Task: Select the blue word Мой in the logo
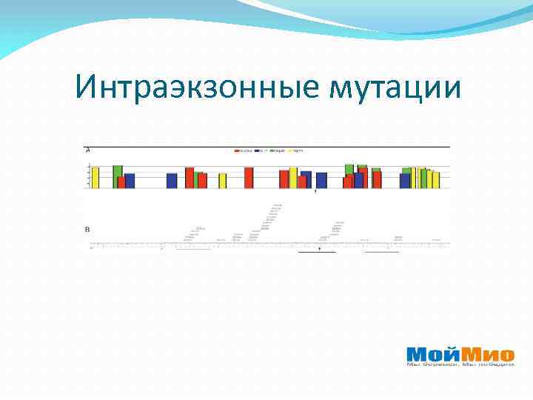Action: (433, 354)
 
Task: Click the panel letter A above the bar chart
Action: (89, 150)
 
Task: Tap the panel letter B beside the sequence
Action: (89, 229)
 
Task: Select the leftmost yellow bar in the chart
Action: (95, 178)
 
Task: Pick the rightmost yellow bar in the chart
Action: (436, 180)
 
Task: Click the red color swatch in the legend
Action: (237, 150)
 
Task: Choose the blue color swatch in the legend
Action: (255, 150)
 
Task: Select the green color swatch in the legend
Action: (273, 150)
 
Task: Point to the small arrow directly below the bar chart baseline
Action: (316, 192)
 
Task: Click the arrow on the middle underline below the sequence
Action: (319, 250)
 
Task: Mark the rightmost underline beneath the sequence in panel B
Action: (382, 252)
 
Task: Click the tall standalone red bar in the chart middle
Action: (249, 178)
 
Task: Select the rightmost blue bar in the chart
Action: (405, 181)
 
